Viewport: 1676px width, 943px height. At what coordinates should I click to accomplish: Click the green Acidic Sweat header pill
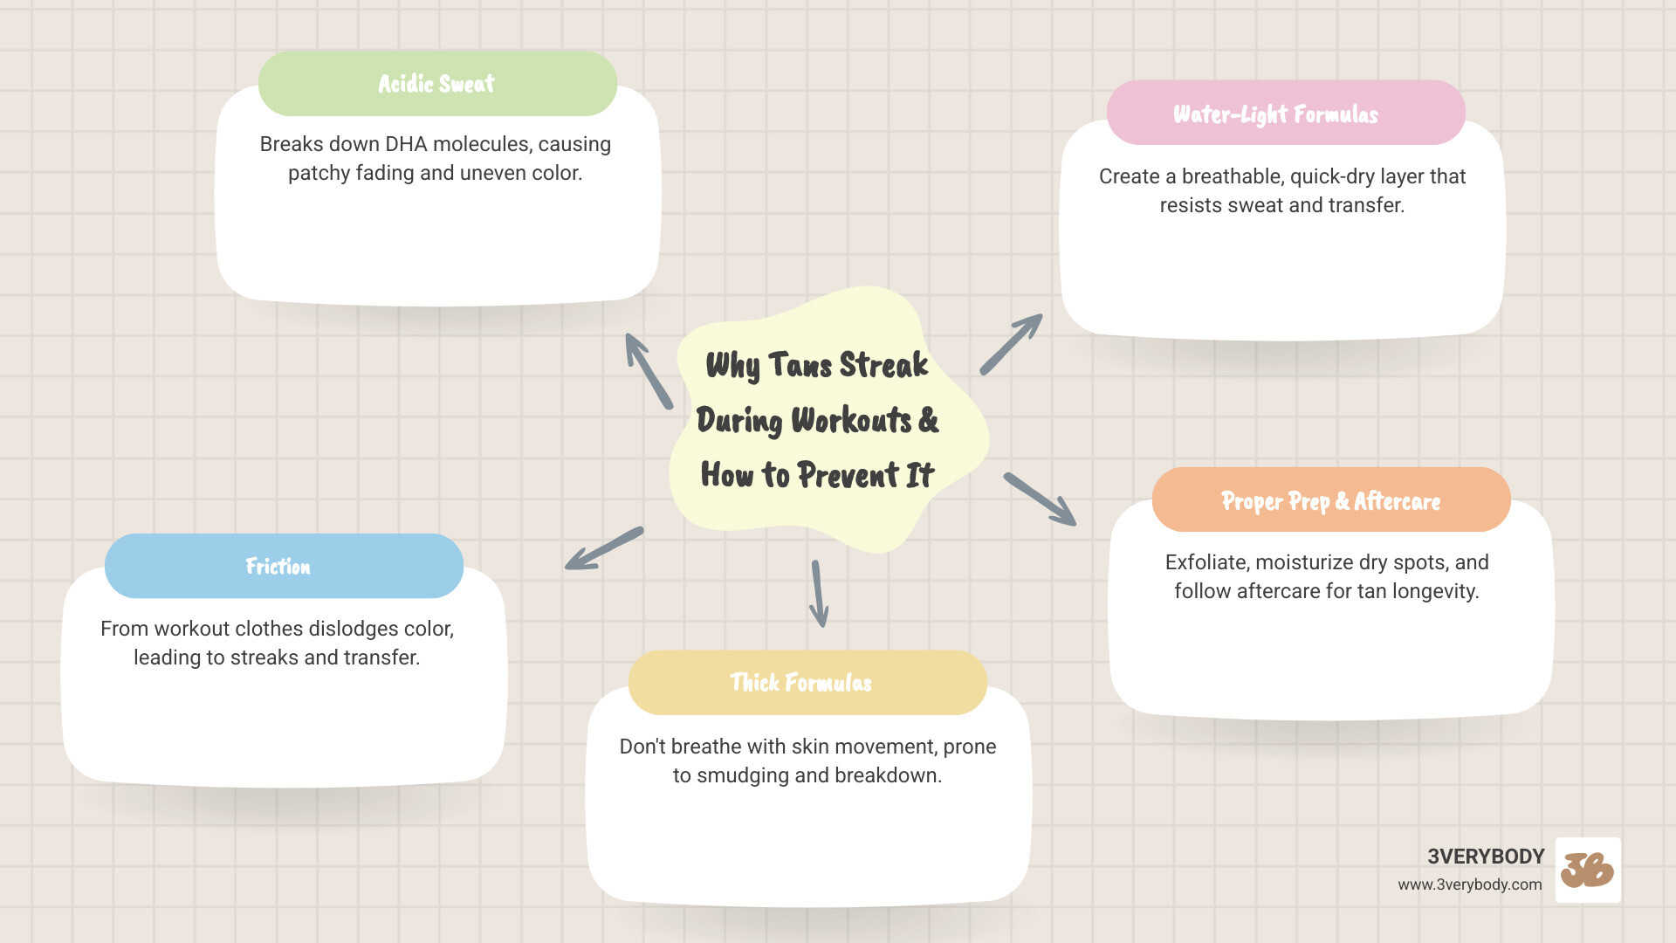click(x=437, y=84)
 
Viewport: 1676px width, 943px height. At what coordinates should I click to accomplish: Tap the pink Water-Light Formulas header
click(x=1285, y=114)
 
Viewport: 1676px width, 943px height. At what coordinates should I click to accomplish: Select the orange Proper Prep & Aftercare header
click(x=1330, y=500)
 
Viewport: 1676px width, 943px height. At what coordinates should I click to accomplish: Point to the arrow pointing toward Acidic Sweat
click(x=649, y=370)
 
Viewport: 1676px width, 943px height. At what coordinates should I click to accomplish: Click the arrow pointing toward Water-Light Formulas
click(x=1011, y=344)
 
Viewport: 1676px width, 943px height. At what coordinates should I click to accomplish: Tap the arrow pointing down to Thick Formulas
click(x=819, y=594)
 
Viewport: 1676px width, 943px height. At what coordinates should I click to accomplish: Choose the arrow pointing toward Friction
click(x=604, y=548)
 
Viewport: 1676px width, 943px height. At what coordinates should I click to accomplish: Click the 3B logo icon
click(x=1588, y=870)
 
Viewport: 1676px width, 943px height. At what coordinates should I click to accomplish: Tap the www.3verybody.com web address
click(x=1469, y=884)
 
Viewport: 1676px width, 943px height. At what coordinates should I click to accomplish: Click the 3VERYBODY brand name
click(x=1486, y=857)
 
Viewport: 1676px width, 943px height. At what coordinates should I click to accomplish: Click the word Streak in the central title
click(x=883, y=365)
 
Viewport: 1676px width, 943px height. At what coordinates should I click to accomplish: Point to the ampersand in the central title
click(x=928, y=420)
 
